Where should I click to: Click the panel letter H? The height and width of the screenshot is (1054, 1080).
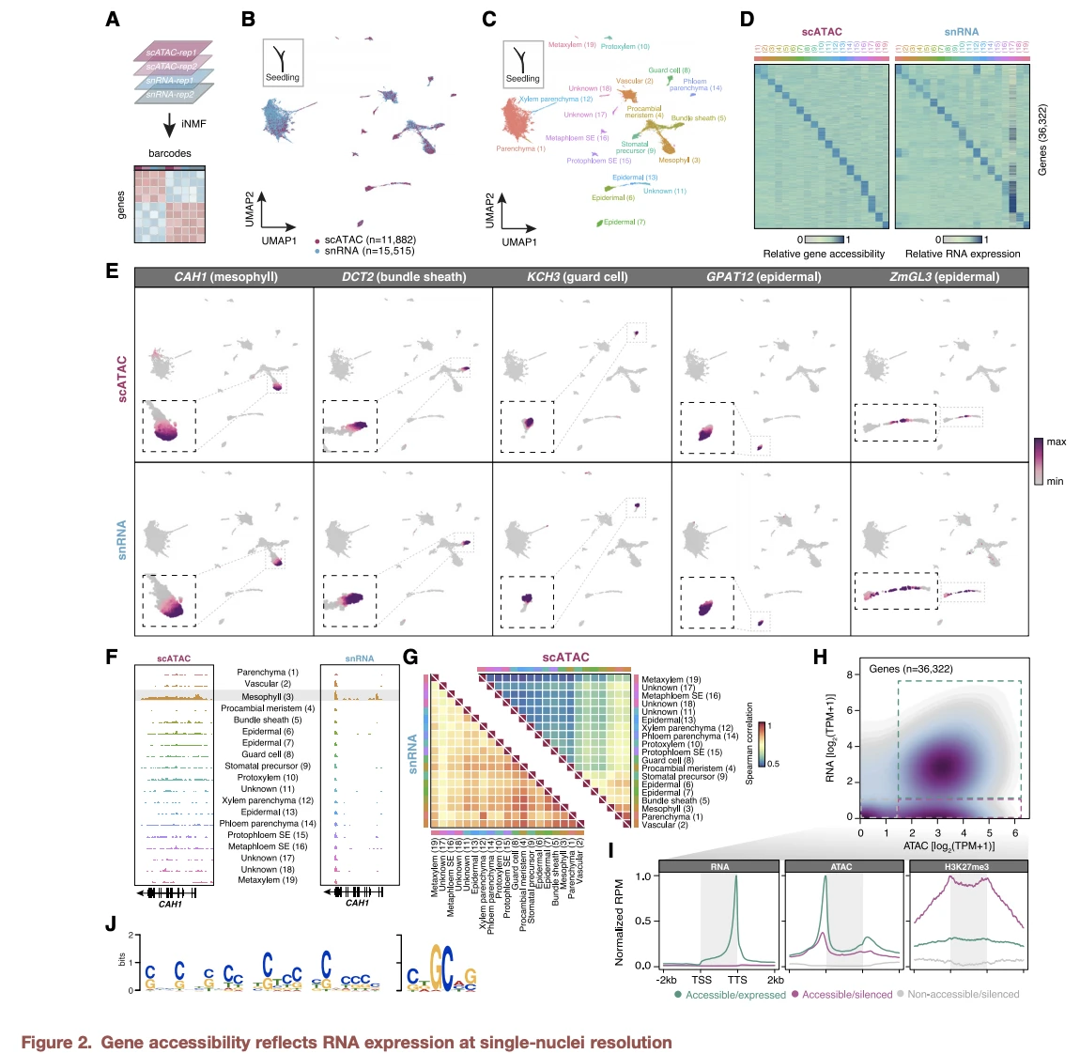[x=820, y=657]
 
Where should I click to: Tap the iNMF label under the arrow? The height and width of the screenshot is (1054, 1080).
[x=193, y=124]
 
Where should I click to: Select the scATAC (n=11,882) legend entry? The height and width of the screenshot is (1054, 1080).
[x=369, y=240]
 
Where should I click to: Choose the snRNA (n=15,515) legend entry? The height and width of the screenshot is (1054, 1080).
[x=369, y=251]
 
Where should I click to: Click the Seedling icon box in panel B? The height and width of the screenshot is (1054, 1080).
[x=282, y=63]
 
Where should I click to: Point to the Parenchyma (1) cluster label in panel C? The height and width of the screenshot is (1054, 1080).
[x=520, y=148]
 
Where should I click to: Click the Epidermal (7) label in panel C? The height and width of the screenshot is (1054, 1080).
[x=624, y=223]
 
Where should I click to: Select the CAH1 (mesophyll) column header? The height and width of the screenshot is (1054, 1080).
[x=225, y=277]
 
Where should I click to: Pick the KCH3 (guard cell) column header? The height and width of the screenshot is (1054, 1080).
[x=577, y=277]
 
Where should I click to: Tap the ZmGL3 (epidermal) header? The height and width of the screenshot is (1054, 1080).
[x=944, y=277]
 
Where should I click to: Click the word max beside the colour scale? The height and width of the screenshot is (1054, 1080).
[x=1057, y=442]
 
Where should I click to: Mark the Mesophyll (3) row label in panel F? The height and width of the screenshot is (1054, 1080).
[x=268, y=697]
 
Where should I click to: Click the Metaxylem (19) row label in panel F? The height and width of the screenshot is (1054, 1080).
[x=268, y=880]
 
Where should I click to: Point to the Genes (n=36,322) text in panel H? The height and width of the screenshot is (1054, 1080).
[x=911, y=669]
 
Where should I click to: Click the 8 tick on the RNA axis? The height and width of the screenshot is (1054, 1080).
[x=849, y=674]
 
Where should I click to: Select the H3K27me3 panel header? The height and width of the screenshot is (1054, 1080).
[x=967, y=866]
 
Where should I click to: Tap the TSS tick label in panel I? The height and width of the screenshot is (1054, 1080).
[x=702, y=980]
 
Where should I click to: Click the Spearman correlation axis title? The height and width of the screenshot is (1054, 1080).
[x=749, y=743]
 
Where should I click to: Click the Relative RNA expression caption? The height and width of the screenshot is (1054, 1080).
[x=963, y=254]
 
